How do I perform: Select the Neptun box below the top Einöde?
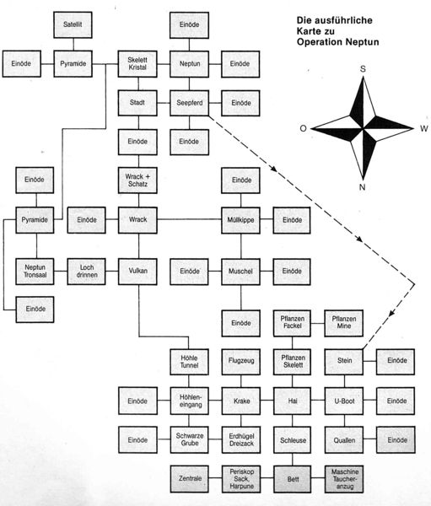coord(190,63)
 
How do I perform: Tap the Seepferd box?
coord(190,103)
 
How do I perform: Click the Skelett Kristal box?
coord(137,63)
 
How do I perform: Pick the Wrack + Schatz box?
coord(137,180)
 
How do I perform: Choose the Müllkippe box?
coord(241,219)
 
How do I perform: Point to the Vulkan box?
coord(137,272)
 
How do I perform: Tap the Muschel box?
coord(241,272)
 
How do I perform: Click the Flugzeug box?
coord(241,360)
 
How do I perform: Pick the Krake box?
coord(241,400)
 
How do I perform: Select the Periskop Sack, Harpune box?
coord(241,477)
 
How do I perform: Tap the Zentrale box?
coord(190,477)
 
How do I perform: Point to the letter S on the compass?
coord(362,69)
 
